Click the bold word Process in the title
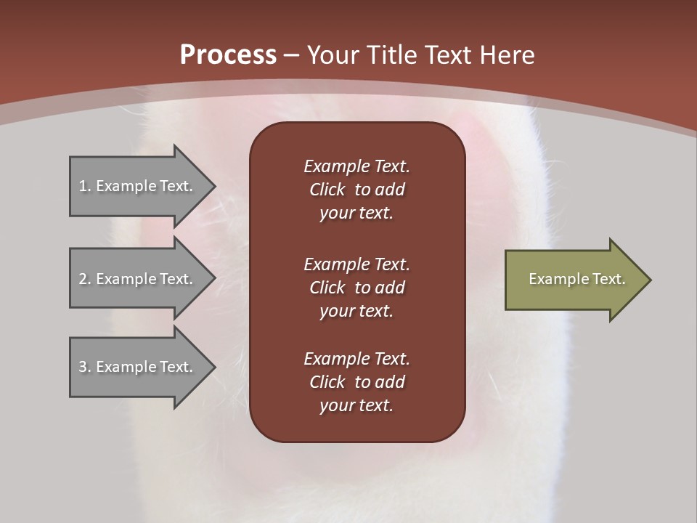(x=228, y=55)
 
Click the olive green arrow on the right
(x=574, y=280)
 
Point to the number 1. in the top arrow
(x=85, y=187)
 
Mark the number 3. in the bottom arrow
(x=85, y=368)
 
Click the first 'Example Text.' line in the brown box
(x=356, y=166)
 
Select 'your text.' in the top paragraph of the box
(x=356, y=214)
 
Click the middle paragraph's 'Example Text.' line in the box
(x=356, y=264)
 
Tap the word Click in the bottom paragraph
(x=327, y=382)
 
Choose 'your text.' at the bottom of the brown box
(x=356, y=406)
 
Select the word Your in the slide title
(x=331, y=55)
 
